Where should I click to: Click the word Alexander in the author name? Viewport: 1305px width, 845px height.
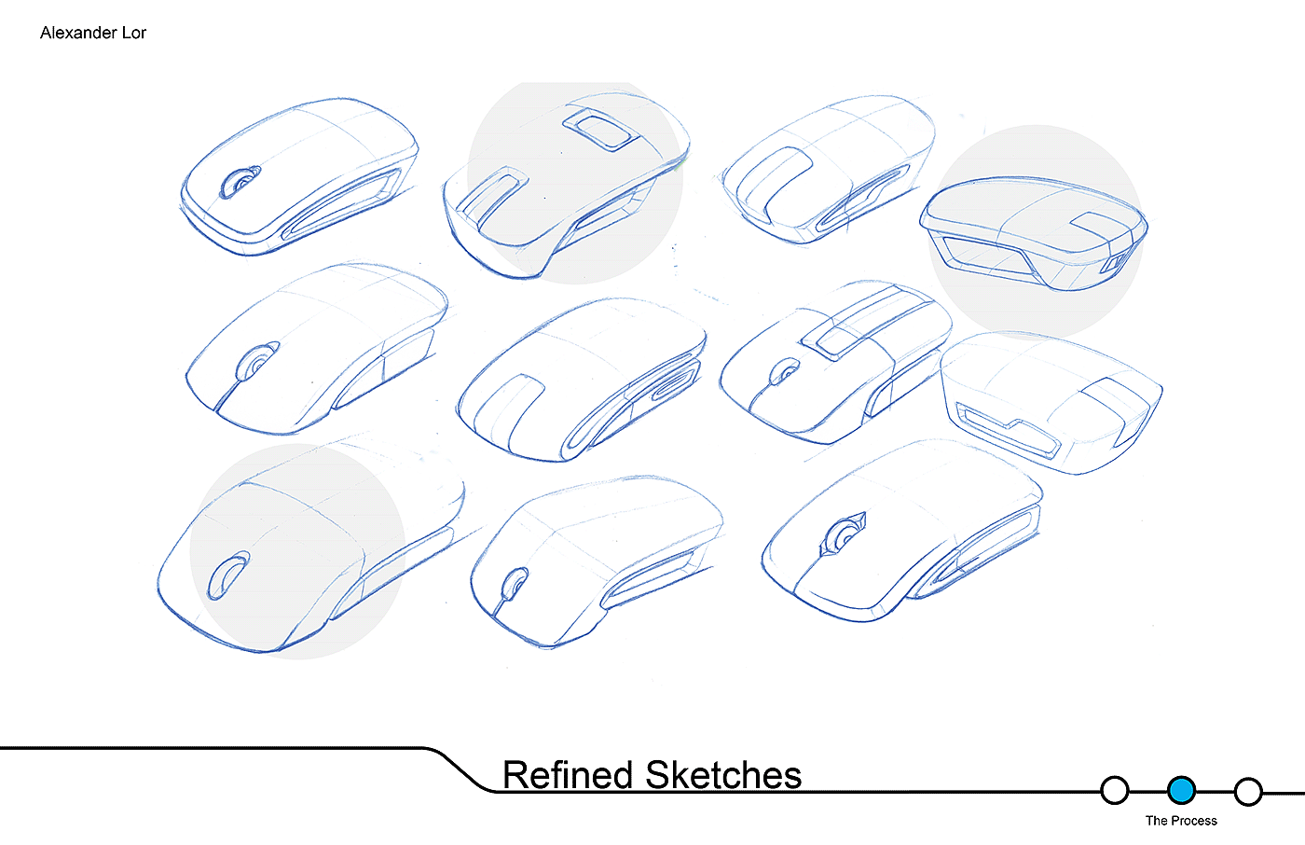78,33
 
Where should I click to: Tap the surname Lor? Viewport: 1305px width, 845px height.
134,33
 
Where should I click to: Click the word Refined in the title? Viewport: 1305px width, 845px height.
568,775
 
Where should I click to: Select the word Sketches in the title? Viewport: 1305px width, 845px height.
723,775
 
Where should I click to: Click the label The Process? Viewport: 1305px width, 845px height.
1181,821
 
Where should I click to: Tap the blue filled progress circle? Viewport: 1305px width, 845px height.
1181,791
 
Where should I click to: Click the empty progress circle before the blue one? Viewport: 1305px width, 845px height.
1114,791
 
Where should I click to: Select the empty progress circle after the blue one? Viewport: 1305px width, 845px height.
1248,792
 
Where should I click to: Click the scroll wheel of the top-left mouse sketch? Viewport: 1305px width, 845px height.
240,181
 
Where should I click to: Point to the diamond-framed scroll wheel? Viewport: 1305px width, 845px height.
845,535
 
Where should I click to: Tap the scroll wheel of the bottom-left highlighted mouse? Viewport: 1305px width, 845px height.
227,575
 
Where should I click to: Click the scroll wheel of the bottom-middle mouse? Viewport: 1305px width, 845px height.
513,586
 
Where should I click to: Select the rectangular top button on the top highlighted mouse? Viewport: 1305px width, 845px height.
602,128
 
